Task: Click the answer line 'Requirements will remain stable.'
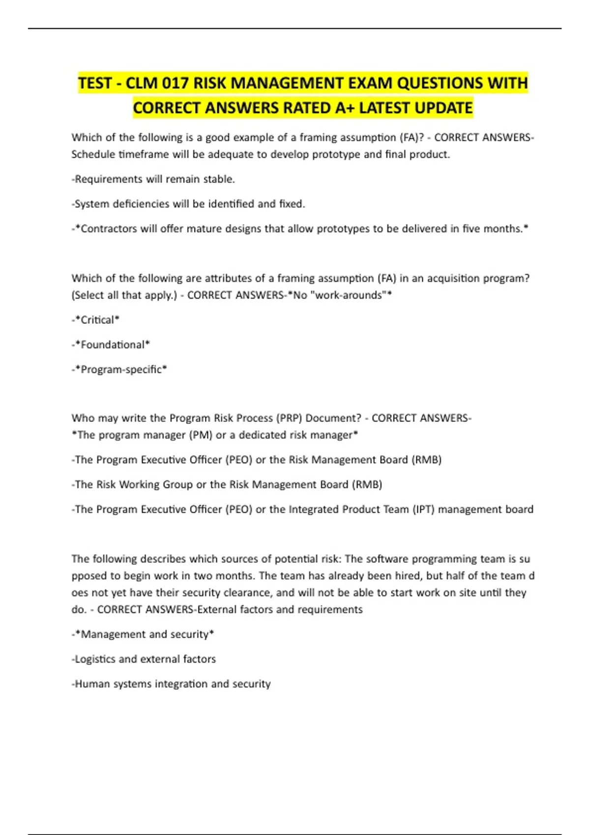[153, 179]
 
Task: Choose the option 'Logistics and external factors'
[145, 659]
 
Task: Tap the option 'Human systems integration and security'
[172, 684]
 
